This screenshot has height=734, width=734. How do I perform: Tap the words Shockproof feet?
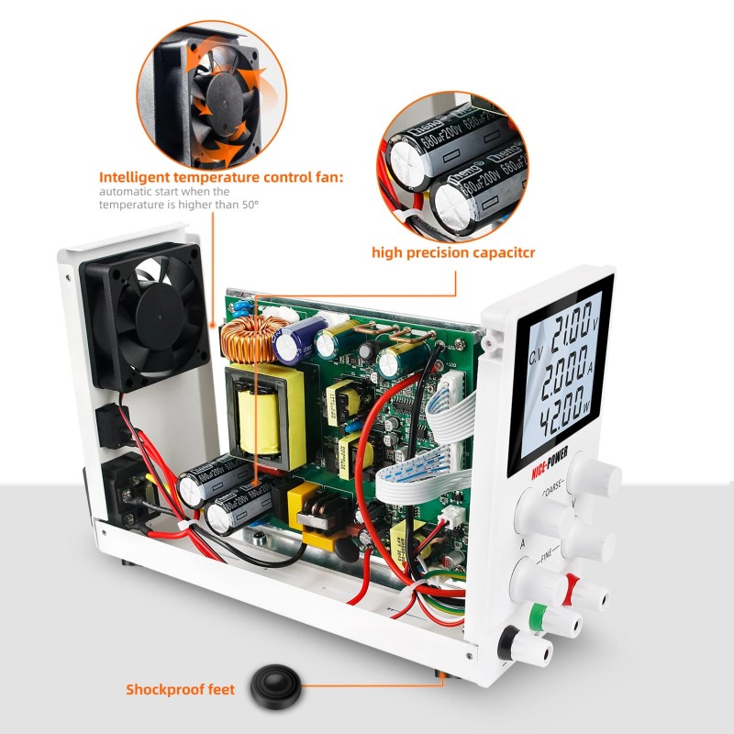180,690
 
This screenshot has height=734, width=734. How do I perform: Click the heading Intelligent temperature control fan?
221,177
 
